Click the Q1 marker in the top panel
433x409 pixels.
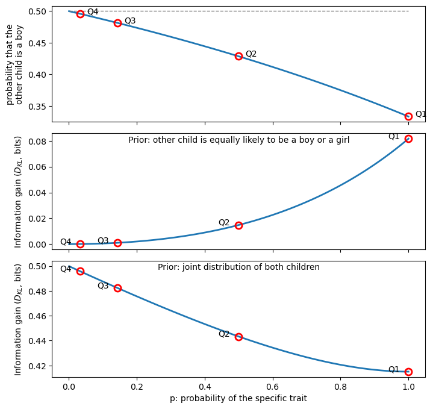coord(408,116)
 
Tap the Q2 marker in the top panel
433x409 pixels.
coord(238,56)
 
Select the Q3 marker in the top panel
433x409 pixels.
coord(117,23)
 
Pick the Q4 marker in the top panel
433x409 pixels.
coord(80,14)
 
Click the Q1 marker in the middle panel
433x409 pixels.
coord(408,139)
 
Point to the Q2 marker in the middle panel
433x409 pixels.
coord(238,225)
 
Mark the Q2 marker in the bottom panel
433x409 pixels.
coord(238,337)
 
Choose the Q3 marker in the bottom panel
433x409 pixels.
coord(117,288)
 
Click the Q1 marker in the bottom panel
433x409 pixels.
coord(408,372)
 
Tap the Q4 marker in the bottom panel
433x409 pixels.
coord(80,271)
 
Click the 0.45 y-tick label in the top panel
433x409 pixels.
coord(36,43)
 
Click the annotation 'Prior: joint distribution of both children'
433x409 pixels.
coord(238,267)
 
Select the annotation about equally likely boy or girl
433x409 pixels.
coord(238,140)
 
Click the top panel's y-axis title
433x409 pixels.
coord(14,64)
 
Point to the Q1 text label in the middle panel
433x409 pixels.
coord(394,137)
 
